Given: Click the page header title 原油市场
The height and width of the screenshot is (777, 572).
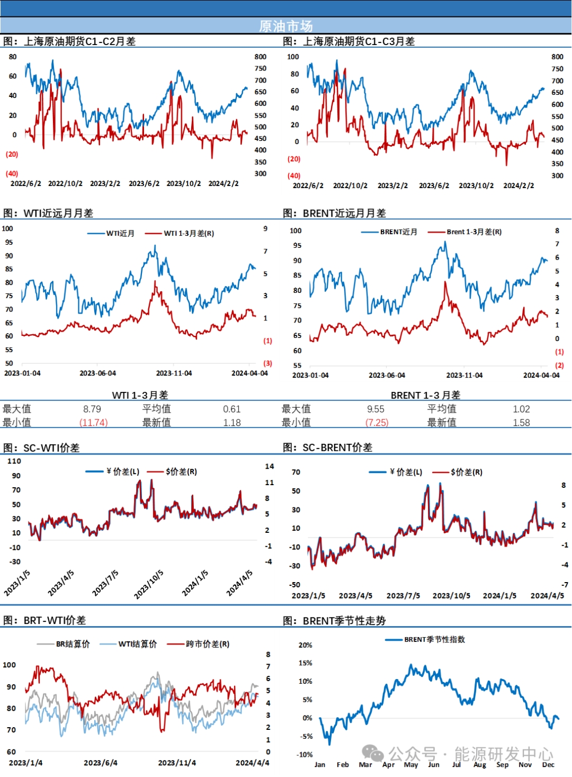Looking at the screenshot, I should point(285,26).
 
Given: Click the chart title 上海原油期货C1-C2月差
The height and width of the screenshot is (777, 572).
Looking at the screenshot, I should point(79,41).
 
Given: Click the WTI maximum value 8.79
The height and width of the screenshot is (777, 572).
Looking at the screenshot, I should point(92,409).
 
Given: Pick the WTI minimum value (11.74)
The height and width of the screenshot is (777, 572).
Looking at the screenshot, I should point(93,423).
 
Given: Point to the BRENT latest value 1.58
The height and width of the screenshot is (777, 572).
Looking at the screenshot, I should point(521,423).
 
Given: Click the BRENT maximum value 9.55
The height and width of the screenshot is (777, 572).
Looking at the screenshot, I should point(376,409).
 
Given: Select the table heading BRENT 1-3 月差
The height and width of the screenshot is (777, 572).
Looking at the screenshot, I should point(425,395).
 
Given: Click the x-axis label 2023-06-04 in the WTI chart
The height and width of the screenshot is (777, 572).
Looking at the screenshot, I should point(97,373).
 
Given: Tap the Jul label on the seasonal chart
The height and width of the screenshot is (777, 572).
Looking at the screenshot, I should point(457,764).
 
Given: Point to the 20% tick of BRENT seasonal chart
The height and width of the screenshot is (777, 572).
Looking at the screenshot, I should point(306,645).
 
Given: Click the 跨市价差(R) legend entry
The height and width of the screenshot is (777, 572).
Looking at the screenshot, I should point(207,644).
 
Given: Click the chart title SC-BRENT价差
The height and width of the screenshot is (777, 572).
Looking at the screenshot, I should point(337,448).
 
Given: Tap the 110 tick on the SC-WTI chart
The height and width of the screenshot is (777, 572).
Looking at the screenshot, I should point(14,461).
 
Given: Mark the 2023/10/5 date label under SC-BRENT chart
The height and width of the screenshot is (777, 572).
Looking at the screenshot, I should point(451,596).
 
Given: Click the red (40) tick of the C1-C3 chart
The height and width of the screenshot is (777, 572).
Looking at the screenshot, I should point(294,176).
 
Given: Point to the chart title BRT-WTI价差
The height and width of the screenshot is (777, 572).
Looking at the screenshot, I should point(54,620).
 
